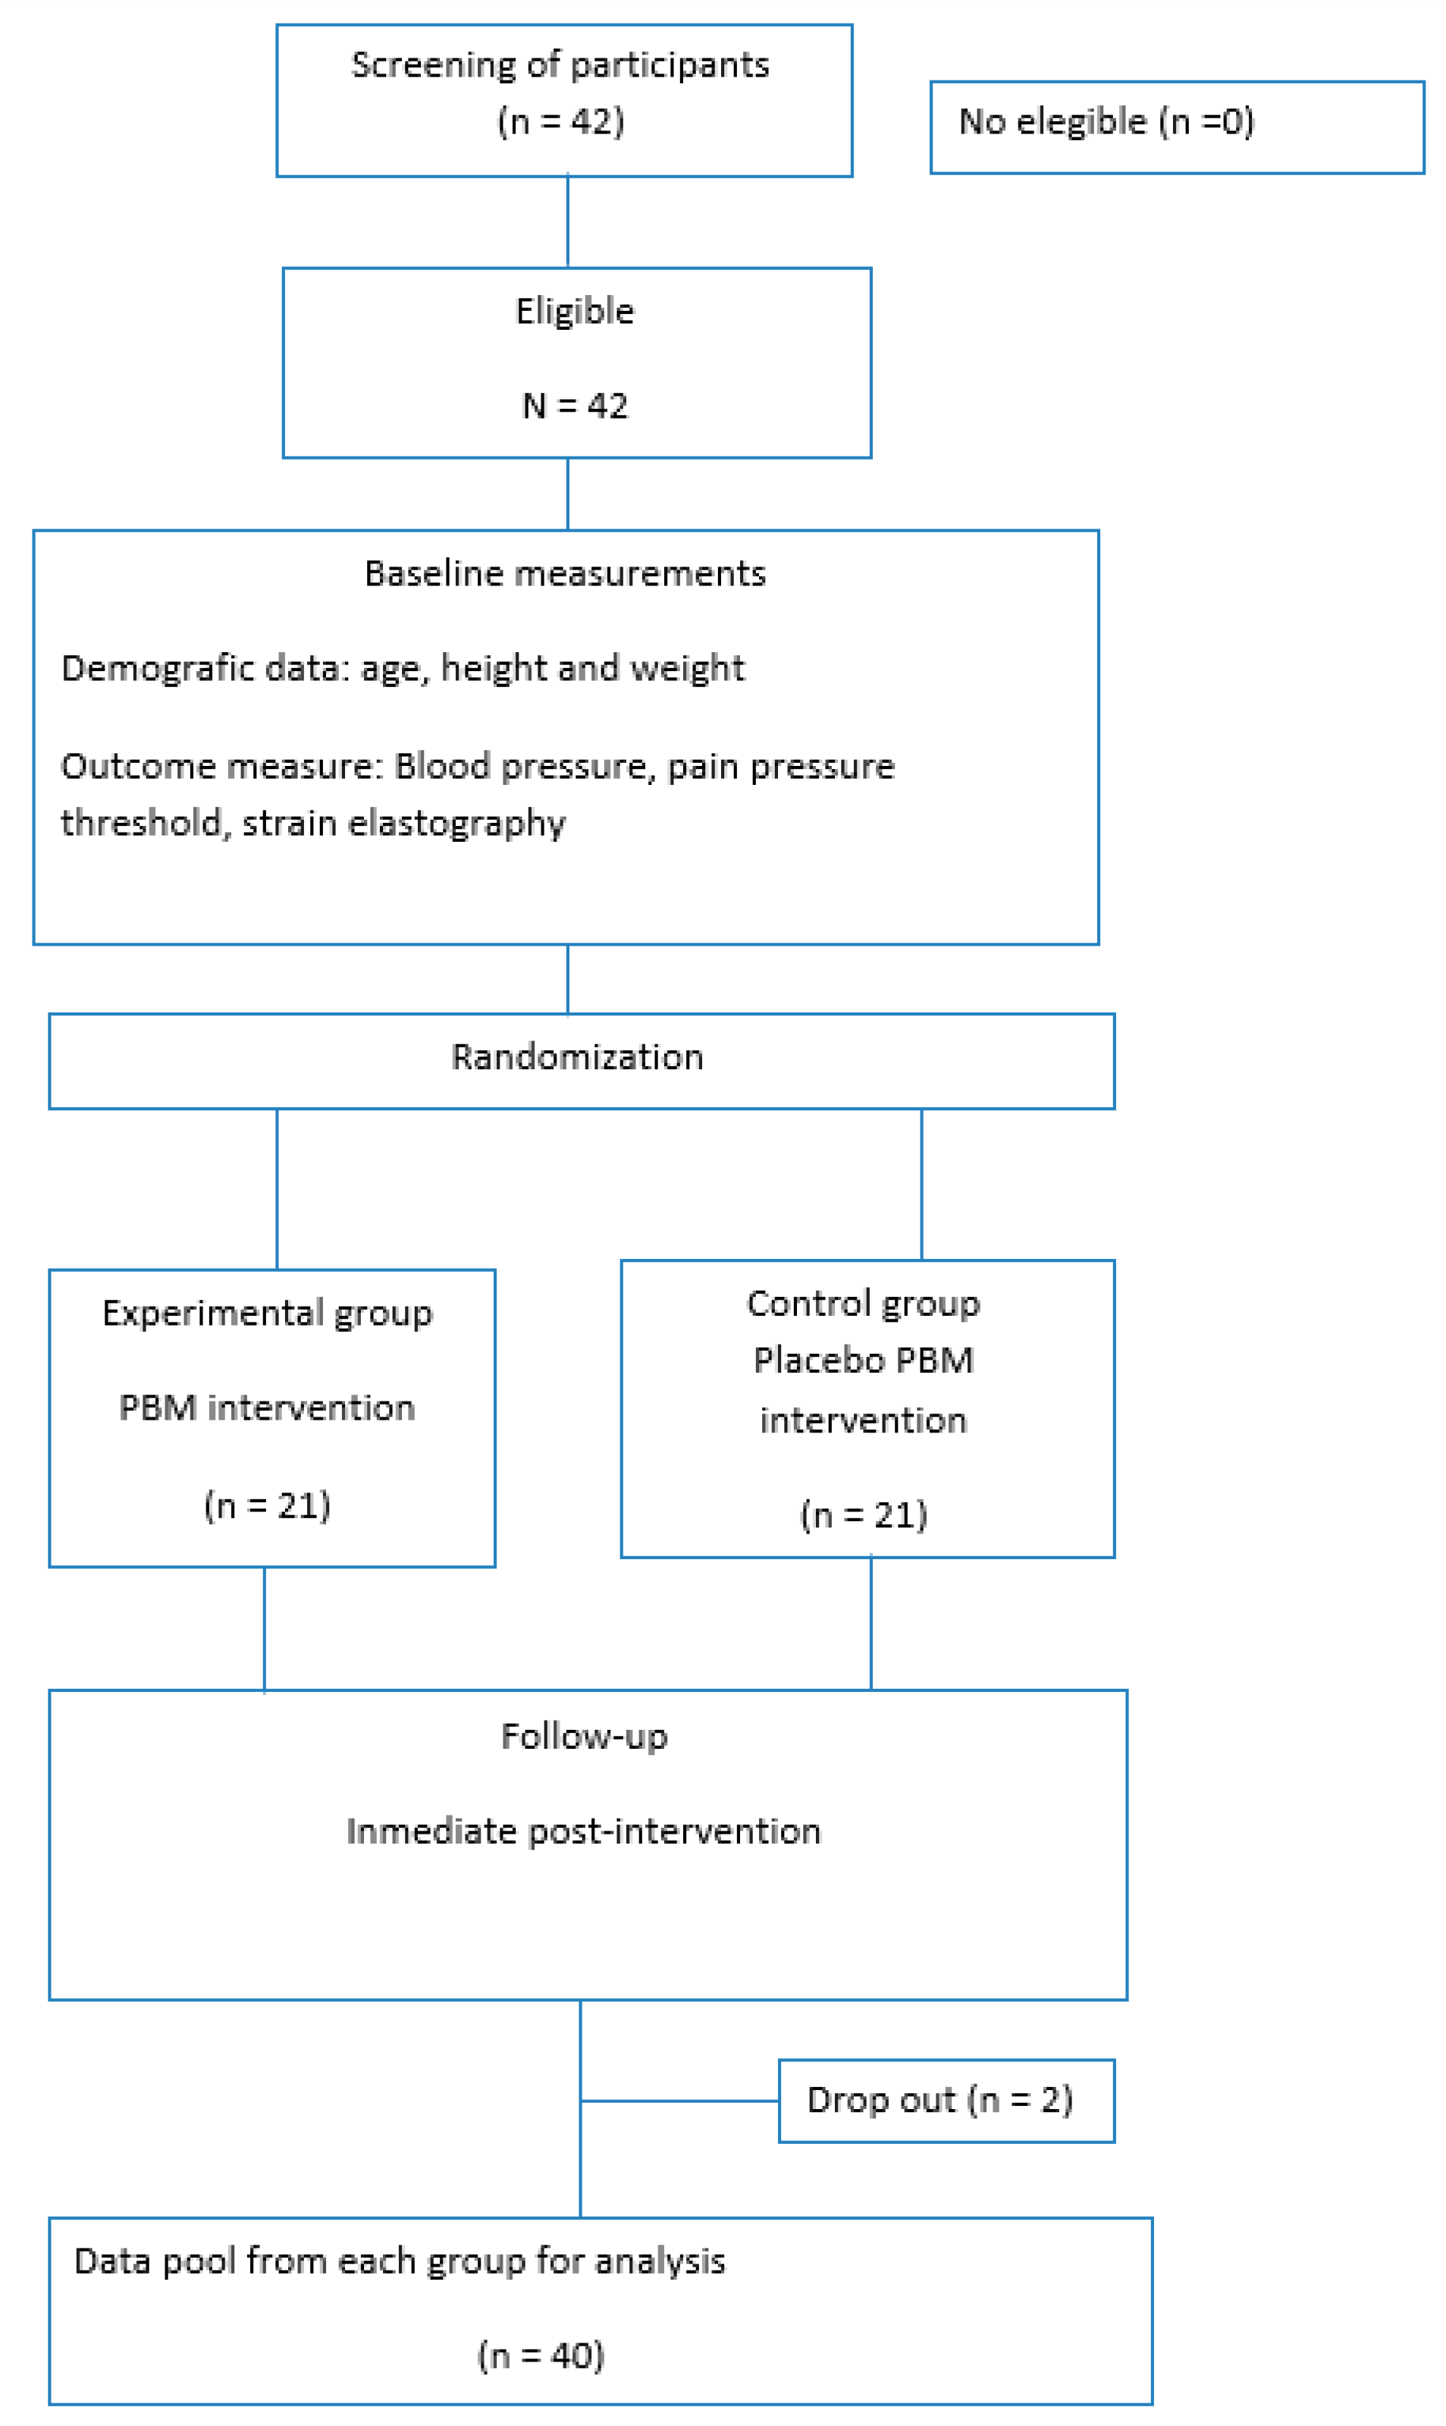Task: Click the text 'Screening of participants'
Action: point(560,65)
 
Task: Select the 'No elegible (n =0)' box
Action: point(1176,127)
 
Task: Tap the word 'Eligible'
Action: point(574,311)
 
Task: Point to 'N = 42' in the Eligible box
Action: point(574,405)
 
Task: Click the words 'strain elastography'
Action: point(403,824)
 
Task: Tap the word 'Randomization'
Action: point(577,1057)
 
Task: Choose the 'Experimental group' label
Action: point(267,1313)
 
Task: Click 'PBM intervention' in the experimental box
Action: point(267,1408)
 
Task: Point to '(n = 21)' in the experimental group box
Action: point(267,1505)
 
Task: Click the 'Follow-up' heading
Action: point(584,1736)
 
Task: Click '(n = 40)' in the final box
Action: point(541,2355)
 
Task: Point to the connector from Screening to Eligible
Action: point(568,222)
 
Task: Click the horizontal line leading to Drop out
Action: point(679,2101)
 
